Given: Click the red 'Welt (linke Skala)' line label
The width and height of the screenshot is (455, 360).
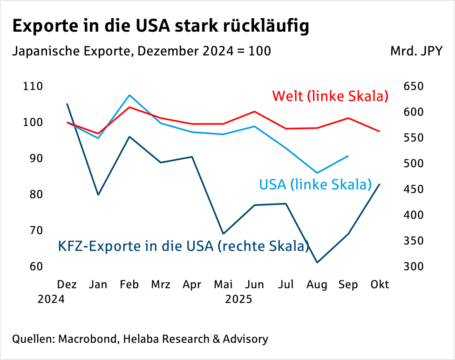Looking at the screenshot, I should (330, 96).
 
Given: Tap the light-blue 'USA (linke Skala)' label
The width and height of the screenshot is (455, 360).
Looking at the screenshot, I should (315, 184).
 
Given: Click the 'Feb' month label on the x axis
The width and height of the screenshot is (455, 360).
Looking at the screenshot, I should (129, 284).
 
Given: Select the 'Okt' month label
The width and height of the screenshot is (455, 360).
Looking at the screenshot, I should (379, 284).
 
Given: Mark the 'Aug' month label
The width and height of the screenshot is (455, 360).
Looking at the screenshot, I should (317, 284).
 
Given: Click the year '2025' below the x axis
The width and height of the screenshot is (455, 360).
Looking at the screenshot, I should (238, 299).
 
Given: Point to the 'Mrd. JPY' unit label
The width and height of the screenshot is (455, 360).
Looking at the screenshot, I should (416, 50).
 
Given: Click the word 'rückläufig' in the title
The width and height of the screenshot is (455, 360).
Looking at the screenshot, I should (262, 27).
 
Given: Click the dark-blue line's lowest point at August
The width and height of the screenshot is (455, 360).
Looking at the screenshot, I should (317, 263).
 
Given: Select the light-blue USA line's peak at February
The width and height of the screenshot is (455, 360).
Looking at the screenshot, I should (129, 95).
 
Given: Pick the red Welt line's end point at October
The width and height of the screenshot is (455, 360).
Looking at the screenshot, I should (380, 131).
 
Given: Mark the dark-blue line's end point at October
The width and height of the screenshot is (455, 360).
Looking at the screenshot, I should (380, 184).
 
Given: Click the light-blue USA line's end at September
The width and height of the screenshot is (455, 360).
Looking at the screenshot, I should (348, 156).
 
